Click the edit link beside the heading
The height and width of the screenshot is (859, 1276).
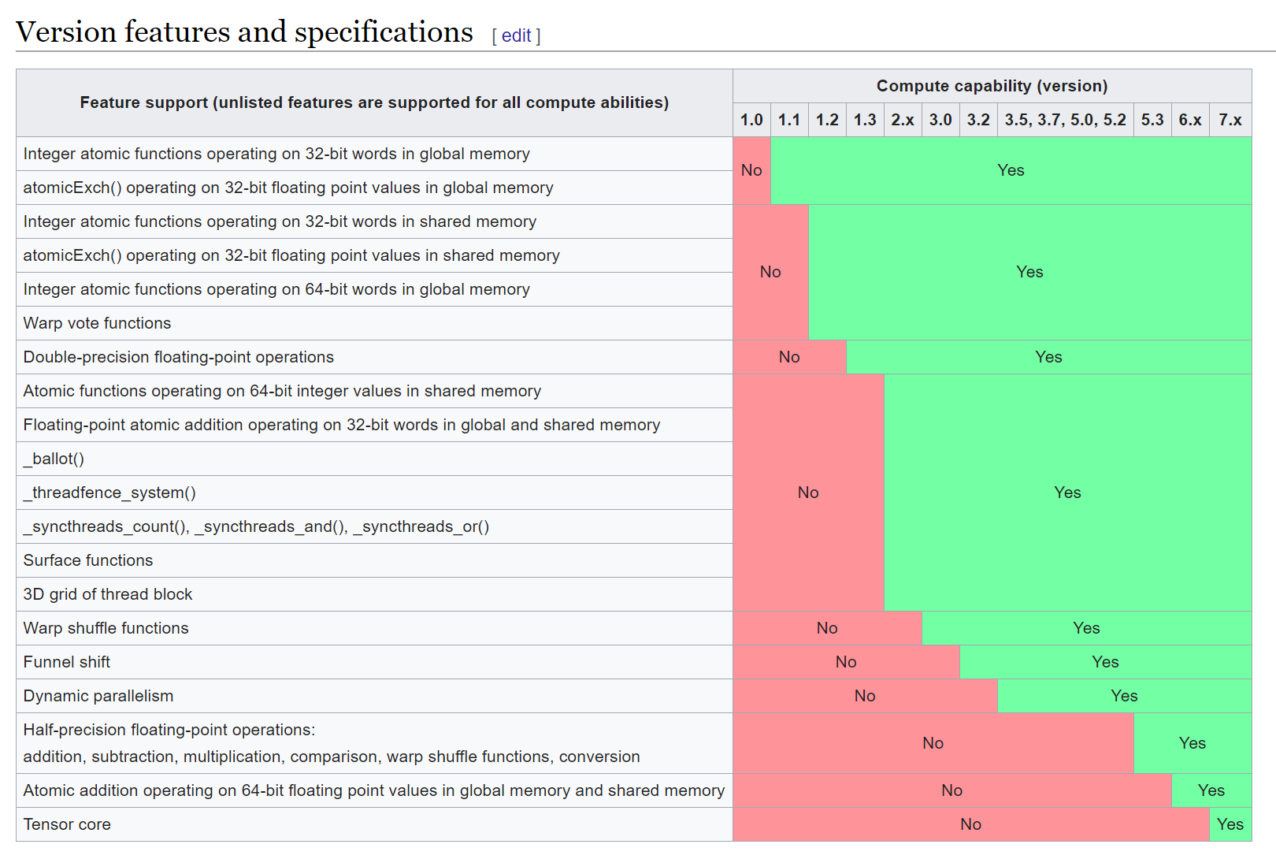click(x=516, y=35)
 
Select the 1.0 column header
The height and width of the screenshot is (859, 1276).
click(x=751, y=120)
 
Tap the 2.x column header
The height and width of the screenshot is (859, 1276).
click(x=903, y=120)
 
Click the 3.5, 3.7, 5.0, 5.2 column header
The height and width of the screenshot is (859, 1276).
click(x=1065, y=120)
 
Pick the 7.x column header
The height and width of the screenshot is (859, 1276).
click(x=1230, y=120)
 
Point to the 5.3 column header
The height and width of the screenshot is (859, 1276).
click(x=1152, y=120)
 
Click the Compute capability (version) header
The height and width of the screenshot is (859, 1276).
click(x=992, y=86)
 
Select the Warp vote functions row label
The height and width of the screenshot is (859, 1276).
click(x=97, y=323)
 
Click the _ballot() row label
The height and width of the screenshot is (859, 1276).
click(x=54, y=459)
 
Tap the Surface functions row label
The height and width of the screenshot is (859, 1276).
click(x=88, y=560)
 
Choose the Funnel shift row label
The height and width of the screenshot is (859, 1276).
click(x=67, y=662)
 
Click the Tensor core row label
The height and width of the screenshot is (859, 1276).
click(x=67, y=824)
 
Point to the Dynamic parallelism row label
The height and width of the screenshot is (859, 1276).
click(x=98, y=696)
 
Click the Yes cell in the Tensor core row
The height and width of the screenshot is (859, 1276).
click(x=1230, y=824)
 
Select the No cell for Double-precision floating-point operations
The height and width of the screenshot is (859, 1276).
click(x=789, y=357)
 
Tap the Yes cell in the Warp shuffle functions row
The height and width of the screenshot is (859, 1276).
click(x=1086, y=628)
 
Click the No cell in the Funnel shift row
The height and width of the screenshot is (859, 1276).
click(x=846, y=662)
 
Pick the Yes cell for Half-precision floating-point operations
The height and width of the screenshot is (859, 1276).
click(x=1192, y=743)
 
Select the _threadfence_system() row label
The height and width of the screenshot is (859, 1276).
click(x=109, y=493)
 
